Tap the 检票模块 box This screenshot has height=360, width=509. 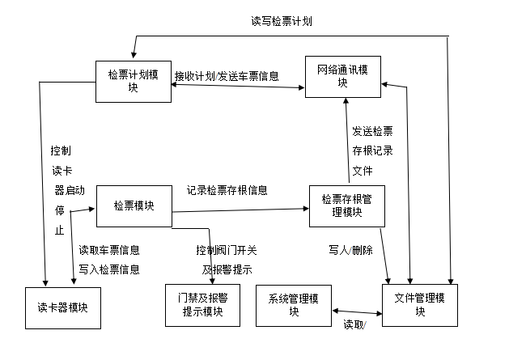pyautogui.click(x=134, y=206)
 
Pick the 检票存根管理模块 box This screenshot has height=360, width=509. pyautogui.click(x=346, y=205)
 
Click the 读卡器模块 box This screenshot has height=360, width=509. pyautogui.click(x=62, y=307)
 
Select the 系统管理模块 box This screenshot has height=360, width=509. pyautogui.click(x=295, y=305)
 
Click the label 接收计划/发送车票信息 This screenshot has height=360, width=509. pyautogui.click(x=227, y=77)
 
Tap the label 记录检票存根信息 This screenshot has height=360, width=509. pyautogui.click(x=227, y=191)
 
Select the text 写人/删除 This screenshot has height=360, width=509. pyautogui.click(x=350, y=250)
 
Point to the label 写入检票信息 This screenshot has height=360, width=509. pyautogui.click(x=109, y=269)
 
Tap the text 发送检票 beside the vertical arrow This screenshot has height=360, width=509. pyautogui.click(x=372, y=130)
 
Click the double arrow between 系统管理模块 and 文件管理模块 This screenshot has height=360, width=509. pyautogui.click(x=357, y=311)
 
